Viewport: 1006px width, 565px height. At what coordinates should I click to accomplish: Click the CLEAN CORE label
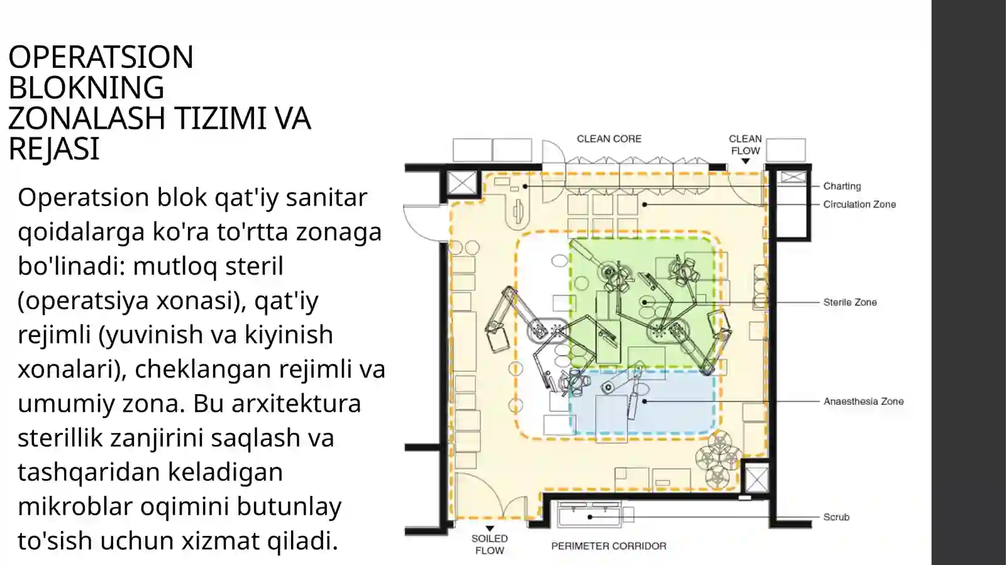click(609, 139)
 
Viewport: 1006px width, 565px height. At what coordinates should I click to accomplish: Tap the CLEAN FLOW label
click(745, 145)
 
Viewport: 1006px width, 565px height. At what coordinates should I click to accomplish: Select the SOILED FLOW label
click(490, 544)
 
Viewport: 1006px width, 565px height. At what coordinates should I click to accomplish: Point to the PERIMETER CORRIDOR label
click(609, 546)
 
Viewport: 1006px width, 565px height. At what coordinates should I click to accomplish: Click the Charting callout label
click(842, 186)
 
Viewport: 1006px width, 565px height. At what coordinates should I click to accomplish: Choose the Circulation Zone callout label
click(860, 205)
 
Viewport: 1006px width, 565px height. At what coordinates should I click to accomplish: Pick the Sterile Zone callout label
click(850, 302)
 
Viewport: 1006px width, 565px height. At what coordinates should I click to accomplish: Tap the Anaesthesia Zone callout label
click(864, 402)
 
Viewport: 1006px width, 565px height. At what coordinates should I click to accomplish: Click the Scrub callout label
click(836, 517)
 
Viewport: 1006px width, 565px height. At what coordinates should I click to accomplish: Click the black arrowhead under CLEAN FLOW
click(746, 161)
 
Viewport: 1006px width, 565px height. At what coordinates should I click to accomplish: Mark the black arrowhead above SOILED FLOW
click(490, 529)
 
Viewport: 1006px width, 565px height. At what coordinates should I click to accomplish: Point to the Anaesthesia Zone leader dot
click(644, 401)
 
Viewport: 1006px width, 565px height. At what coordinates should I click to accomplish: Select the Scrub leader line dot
click(590, 517)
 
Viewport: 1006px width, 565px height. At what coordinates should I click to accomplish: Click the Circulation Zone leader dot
click(644, 205)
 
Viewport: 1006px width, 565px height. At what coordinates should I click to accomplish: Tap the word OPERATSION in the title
click(101, 57)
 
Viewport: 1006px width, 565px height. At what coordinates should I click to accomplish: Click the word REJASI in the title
click(54, 148)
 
